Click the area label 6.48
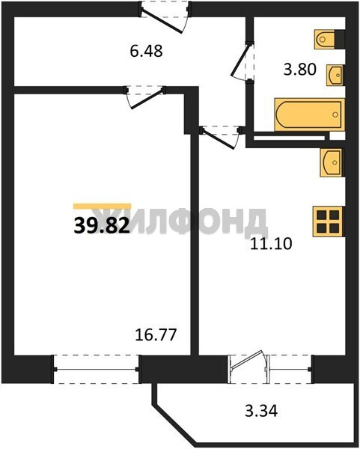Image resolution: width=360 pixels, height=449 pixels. (x=146, y=51)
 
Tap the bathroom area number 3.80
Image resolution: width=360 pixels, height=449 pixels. (x=300, y=70)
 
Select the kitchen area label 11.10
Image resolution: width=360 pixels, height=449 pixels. (x=271, y=244)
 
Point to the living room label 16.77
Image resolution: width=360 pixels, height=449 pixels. (x=156, y=335)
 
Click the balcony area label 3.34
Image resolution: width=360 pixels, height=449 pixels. (x=261, y=411)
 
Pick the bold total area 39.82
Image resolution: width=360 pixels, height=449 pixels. (x=102, y=225)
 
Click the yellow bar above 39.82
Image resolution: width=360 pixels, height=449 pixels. (x=103, y=207)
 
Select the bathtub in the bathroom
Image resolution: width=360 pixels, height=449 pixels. (x=309, y=114)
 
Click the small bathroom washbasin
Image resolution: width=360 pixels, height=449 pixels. (x=335, y=76)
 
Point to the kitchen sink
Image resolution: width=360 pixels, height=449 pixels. (x=332, y=162)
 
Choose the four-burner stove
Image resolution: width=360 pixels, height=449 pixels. (x=329, y=222)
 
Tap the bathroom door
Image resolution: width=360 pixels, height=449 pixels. (x=242, y=61)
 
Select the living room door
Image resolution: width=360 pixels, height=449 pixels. (x=145, y=97)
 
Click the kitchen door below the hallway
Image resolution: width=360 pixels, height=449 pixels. (x=222, y=137)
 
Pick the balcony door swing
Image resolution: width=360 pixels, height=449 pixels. (x=248, y=360)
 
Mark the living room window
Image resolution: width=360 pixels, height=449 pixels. (x=97, y=370)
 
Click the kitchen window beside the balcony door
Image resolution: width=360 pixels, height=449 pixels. (x=290, y=369)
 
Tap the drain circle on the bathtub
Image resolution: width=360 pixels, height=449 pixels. (x=335, y=114)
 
